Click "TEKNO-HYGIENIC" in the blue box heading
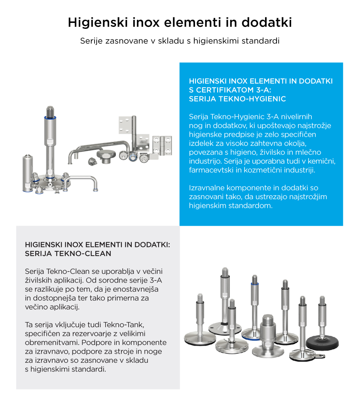257,99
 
